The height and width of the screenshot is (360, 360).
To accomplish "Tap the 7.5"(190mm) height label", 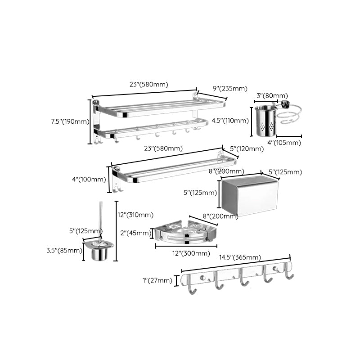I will (x=70, y=121).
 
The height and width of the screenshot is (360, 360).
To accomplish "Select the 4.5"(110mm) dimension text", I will (x=230, y=121).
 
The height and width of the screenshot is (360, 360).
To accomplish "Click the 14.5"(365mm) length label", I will (x=240, y=258).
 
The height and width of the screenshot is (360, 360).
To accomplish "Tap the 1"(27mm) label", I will (x=157, y=281).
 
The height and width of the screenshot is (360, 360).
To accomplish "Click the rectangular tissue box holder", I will (x=250, y=195).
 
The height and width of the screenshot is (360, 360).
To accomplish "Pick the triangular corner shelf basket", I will (x=184, y=232).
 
